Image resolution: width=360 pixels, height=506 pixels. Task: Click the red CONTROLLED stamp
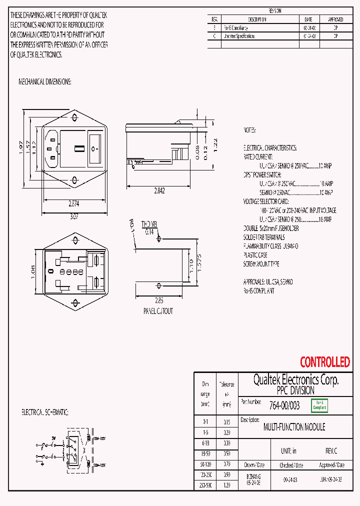(324, 362)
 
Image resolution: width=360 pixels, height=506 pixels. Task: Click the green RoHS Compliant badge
(319, 405)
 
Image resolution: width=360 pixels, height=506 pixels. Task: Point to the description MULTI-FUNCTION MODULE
(294, 427)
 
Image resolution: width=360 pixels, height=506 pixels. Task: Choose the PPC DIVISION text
(295, 390)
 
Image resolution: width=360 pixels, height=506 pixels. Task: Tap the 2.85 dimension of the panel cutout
(159, 300)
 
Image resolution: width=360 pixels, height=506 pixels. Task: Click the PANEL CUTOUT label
(158, 311)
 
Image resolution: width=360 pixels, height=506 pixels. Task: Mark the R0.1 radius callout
(132, 226)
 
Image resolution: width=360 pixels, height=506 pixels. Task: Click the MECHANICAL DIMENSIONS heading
(45, 81)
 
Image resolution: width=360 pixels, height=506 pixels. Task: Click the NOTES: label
(249, 130)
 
